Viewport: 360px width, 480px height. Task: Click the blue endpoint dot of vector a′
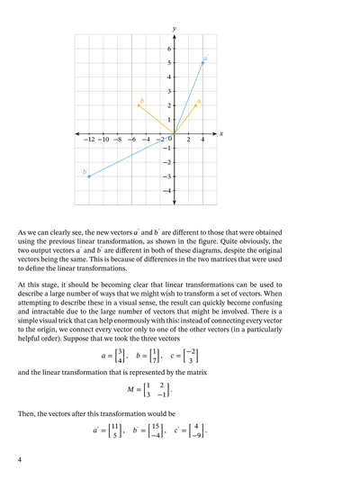point(202,63)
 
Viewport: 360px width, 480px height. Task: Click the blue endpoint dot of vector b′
point(89,177)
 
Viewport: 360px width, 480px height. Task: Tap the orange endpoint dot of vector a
point(195,105)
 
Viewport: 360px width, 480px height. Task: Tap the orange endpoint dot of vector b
point(139,105)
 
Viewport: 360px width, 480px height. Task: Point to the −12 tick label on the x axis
point(88,140)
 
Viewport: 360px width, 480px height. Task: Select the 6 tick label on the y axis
point(167,49)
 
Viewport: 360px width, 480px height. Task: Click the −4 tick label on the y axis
point(166,191)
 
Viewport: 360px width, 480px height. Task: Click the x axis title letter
point(220,134)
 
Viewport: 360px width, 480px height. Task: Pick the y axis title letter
point(174,30)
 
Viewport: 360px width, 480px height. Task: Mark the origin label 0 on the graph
point(170,140)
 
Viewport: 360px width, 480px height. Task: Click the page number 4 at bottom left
point(20,459)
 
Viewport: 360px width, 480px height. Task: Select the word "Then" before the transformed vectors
point(27,414)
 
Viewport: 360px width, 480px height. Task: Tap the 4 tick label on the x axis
point(202,140)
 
